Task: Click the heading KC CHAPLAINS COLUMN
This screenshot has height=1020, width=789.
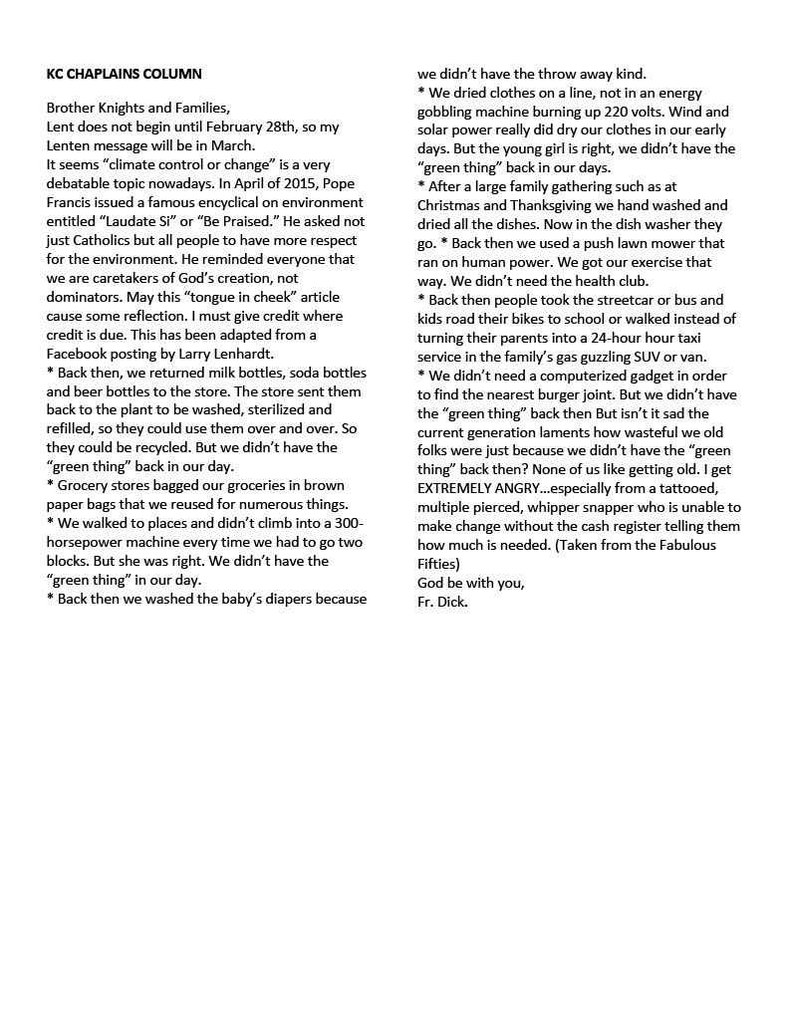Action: (x=125, y=74)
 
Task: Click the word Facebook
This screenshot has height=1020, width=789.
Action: (x=81, y=354)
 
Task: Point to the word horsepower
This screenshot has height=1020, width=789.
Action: (x=92, y=542)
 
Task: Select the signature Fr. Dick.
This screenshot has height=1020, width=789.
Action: (x=442, y=602)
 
